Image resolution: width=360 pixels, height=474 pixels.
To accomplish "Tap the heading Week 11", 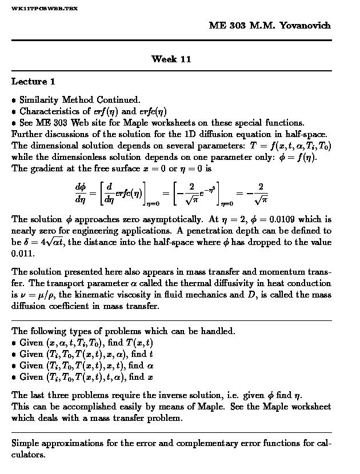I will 171,59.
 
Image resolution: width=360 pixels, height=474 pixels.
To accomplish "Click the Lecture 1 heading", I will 33,82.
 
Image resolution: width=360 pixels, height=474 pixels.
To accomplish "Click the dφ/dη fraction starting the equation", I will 80,193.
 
